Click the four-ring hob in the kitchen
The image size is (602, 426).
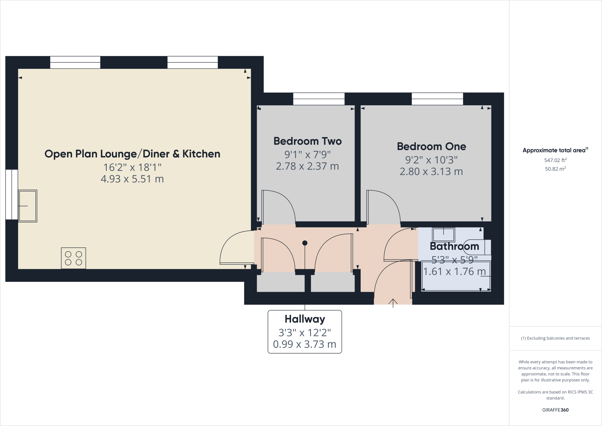(73, 258)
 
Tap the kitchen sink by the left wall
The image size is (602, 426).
(28, 206)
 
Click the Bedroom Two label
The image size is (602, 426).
(307, 141)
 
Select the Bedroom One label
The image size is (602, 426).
(431, 147)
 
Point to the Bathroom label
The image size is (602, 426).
(454, 246)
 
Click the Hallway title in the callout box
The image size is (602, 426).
(305, 319)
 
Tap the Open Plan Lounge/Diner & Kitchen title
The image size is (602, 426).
(132, 154)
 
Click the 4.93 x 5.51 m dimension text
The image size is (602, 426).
(132, 179)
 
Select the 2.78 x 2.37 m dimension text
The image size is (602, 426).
(307, 166)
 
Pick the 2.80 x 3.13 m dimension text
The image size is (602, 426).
(431, 172)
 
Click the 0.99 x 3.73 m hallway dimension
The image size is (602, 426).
(305, 344)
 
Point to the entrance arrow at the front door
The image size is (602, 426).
(393, 302)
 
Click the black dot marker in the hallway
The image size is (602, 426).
(305, 243)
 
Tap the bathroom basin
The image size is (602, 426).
(443, 234)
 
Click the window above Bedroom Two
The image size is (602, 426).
(319, 99)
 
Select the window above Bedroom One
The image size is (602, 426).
(437, 99)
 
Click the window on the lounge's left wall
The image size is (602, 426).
(12, 194)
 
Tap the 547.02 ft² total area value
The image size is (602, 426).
(555, 160)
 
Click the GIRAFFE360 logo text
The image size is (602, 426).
(555, 410)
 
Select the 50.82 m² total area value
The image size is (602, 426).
(555, 169)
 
